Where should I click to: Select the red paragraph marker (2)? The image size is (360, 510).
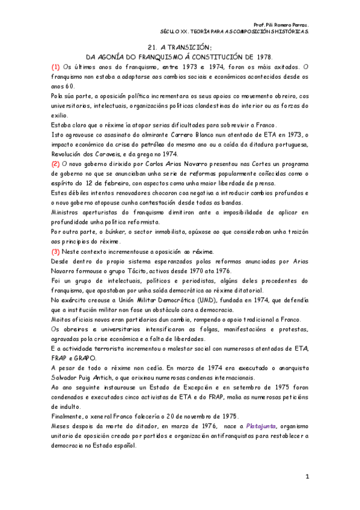tap(55, 162)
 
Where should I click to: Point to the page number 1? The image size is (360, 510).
tap(306, 476)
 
